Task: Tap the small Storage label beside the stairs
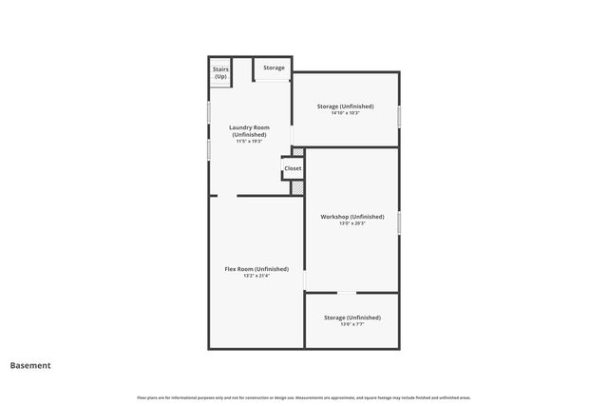point(274,68)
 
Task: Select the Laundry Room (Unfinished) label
point(250,131)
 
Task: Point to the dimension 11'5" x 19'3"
point(250,142)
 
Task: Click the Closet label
point(293,168)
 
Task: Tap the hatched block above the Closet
point(297,151)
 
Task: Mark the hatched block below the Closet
point(297,187)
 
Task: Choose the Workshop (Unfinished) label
point(352,217)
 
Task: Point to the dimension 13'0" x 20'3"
point(352,224)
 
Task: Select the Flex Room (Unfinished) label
point(256,269)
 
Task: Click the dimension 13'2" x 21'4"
point(256,277)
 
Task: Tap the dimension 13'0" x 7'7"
point(351,325)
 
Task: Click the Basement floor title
point(30,365)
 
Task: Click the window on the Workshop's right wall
point(399,222)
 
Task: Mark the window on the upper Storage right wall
point(399,115)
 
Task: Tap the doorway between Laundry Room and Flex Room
point(226,196)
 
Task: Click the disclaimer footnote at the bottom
point(304,396)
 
